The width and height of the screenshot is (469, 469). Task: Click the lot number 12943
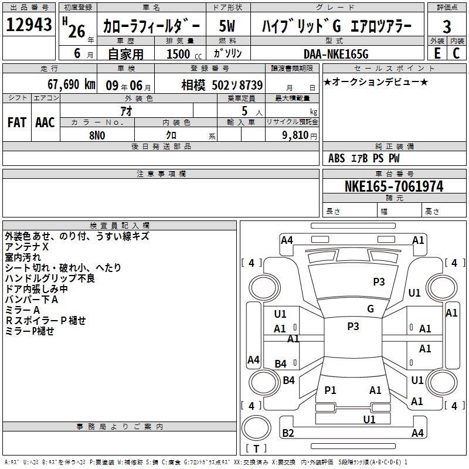click(29, 25)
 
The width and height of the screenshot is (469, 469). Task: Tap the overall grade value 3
click(447, 27)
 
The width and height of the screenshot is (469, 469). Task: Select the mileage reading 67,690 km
click(72, 84)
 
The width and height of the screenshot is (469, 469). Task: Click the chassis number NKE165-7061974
click(394, 186)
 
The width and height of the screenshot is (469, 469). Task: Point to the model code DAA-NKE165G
click(336, 54)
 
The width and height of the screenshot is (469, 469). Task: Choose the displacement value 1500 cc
click(184, 54)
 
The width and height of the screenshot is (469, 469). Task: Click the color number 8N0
click(97, 135)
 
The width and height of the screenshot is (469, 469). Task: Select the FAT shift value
click(17, 123)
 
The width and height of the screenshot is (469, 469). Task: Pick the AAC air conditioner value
click(45, 123)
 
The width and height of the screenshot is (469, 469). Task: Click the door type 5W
click(227, 26)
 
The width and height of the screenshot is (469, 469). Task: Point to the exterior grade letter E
click(437, 53)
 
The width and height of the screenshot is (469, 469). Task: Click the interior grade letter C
click(456, 53)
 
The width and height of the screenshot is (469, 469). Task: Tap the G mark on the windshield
click(371, 309)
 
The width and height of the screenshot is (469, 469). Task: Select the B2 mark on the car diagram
click(288, 433)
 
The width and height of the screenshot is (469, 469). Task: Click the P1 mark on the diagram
click(330, 390)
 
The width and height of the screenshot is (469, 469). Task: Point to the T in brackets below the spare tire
click(256, 448)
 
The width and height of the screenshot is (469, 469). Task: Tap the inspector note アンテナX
click(26, 247)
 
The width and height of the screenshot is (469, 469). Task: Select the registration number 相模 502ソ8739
click(222, 85)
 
